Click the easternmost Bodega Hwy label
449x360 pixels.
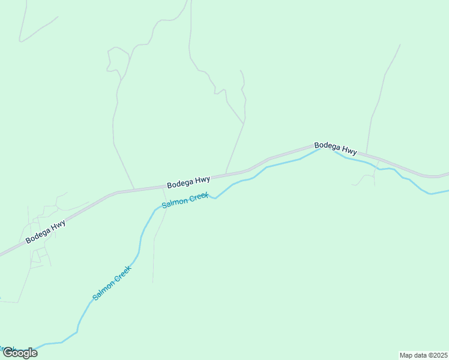(336, 149)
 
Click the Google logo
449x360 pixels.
(20, 353)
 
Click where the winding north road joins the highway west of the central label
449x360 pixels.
(134, 189)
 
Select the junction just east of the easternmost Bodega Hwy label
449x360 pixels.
(367, 155)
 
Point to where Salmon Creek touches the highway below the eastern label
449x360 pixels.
(322, 147)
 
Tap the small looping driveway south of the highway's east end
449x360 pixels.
(365, 178)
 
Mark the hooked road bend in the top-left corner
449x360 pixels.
(21, 40)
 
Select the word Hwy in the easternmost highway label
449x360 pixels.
(348, 152)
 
